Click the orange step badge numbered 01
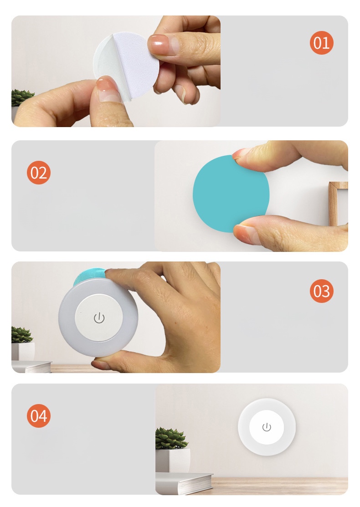[322, 43]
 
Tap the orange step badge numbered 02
[39, 173]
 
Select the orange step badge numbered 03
[322, 291]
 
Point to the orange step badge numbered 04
[39, 416]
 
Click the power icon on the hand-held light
[99, 318]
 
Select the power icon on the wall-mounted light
[267, 427]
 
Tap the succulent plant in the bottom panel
[171, 439]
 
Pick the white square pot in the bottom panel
[173, 460]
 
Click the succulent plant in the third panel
[21, 335]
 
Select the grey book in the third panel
[31, 366]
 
